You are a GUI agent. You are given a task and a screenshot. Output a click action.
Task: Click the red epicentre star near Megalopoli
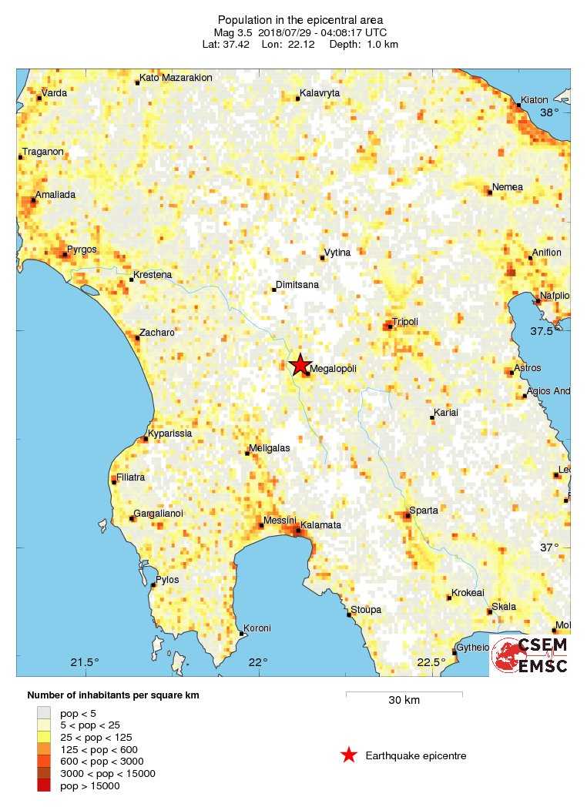click(300, 365)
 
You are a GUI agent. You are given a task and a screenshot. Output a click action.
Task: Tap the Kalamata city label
click(320, 525)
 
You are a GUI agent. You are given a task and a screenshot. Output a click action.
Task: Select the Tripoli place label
click(405, 321)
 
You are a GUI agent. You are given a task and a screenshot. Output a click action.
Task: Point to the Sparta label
click(424, 511)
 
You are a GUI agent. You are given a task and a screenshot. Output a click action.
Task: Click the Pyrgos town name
click(81, 249)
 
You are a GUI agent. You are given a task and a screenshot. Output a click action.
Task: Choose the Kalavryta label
click(320, 93)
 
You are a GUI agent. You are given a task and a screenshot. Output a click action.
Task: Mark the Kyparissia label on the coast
click(169, 434)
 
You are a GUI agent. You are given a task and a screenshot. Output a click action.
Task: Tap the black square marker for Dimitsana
click(274, 290)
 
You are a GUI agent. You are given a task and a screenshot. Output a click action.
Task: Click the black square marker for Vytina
click(323, 257)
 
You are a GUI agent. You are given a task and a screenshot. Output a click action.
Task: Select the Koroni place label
click(257, 628)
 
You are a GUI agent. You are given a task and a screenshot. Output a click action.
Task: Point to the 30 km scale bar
click(404, 695)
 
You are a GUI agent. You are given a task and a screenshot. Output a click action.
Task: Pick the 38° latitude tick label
click(549, 112)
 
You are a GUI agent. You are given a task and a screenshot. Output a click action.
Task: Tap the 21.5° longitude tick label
click(85, 662)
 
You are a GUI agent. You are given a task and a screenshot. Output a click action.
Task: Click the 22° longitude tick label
click(258, 662)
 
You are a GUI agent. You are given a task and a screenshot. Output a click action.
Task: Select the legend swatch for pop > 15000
click(44, 785)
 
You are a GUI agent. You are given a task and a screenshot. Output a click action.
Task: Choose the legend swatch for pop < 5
click(44, 712)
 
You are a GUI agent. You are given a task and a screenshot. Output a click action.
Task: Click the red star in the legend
click(349, 755)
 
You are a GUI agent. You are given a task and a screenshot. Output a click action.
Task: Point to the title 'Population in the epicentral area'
click(300, 20)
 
